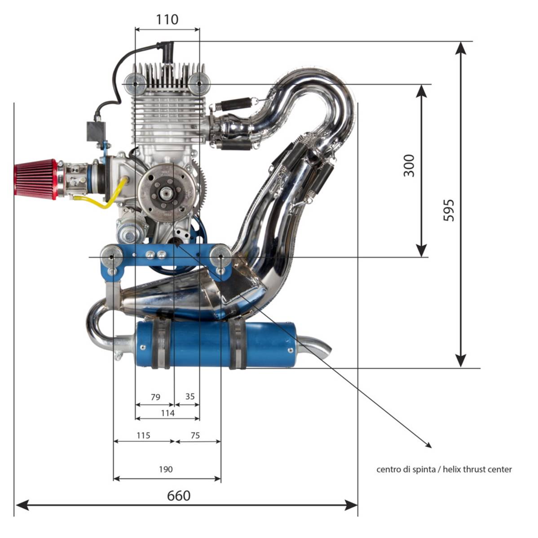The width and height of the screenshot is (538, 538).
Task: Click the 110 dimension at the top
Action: [167, 19]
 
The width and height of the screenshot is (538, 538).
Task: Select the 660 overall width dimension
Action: [179, 495]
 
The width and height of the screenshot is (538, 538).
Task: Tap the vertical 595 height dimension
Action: [449, 210]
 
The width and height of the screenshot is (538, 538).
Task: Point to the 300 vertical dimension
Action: [409, 165]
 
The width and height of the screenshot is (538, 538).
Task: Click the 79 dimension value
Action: [155, 397]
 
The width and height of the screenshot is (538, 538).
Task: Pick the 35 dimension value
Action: [190, 396]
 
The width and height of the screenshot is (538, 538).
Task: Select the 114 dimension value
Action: [168, 413]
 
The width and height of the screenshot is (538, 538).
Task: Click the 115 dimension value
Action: [143, 435]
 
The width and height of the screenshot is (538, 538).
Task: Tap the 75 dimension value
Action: [195, 435]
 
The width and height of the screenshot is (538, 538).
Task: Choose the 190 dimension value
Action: [166, 469]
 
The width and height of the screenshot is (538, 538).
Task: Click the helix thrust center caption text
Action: [444, 469]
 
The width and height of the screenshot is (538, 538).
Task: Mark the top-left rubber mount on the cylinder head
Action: [135, 84]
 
